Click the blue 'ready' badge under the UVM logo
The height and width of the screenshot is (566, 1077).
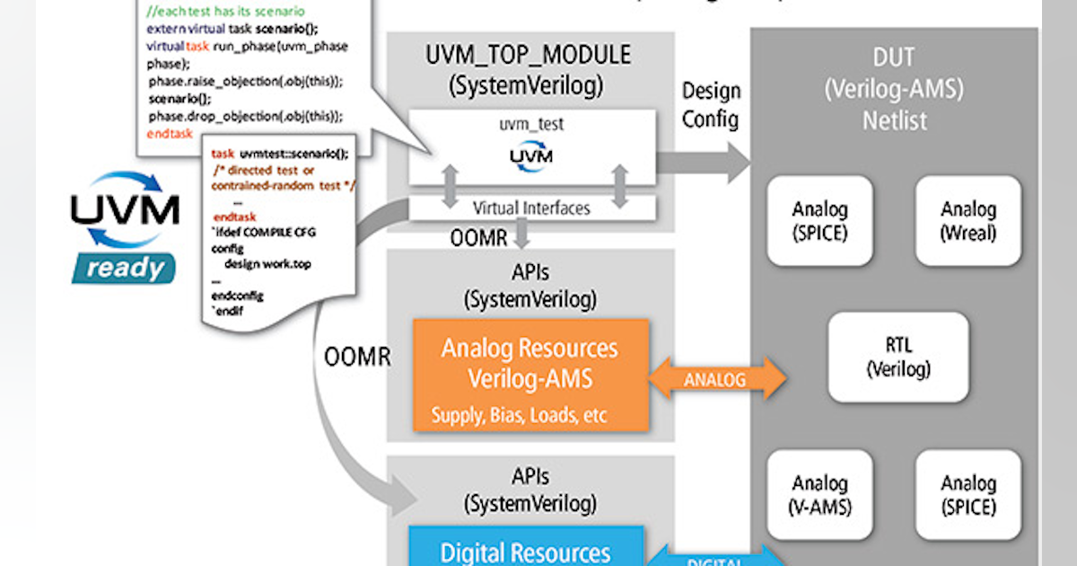tap(125, 267)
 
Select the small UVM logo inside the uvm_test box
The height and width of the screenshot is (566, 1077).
tap(531, 157)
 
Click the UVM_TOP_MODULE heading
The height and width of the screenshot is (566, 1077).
tap(529, 55)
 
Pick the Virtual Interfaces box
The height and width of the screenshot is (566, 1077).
tap(531, 208)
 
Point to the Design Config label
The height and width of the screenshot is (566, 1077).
tap(711, 104)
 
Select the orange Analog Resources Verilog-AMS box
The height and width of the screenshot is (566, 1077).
tap(530, 374)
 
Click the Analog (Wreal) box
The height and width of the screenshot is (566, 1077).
tap(968, 221)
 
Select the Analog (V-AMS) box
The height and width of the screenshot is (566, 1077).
tap(819, 495)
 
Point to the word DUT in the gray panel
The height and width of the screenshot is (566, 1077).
tap(894, 58)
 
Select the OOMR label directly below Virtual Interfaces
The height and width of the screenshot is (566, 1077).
tap(477, 238)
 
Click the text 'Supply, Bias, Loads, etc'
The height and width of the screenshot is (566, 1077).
tap(519, 415)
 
